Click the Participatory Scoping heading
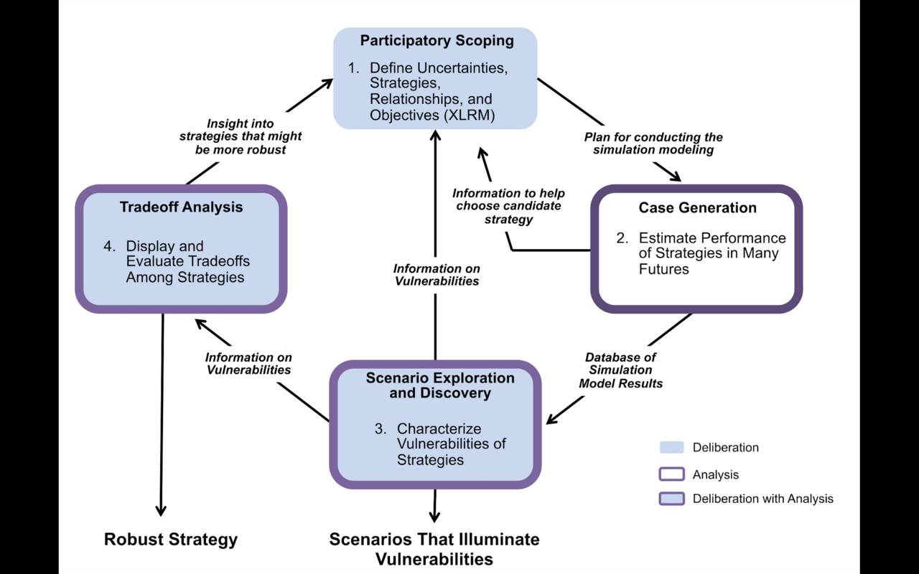437,41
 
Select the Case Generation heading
697,208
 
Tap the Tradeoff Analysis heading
181,207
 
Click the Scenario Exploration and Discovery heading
440,385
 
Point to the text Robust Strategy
171,540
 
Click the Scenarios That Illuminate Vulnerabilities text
434,549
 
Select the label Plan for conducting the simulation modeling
653,143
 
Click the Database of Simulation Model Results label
620,370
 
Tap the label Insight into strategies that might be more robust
241,136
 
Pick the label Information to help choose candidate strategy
508,206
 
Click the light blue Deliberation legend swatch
671,448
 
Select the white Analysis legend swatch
671,474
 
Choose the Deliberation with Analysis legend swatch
671,499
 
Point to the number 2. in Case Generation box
622,238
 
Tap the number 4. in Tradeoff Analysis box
109,246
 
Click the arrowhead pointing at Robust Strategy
161,510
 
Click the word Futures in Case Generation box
664,270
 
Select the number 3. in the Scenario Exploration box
381,429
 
